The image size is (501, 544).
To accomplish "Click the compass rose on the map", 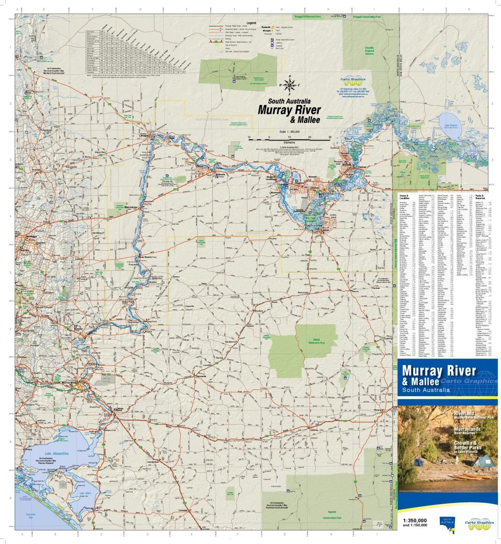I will (x=289, y=84).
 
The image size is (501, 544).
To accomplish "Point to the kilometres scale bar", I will (x=289, y=137).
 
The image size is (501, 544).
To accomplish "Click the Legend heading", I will (x=251, y=22).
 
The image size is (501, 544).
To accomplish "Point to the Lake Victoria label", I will (x=451, y=125).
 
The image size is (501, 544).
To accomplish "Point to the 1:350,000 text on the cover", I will (x=414, y=520).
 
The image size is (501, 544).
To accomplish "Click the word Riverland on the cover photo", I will (x=466, y=414).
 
